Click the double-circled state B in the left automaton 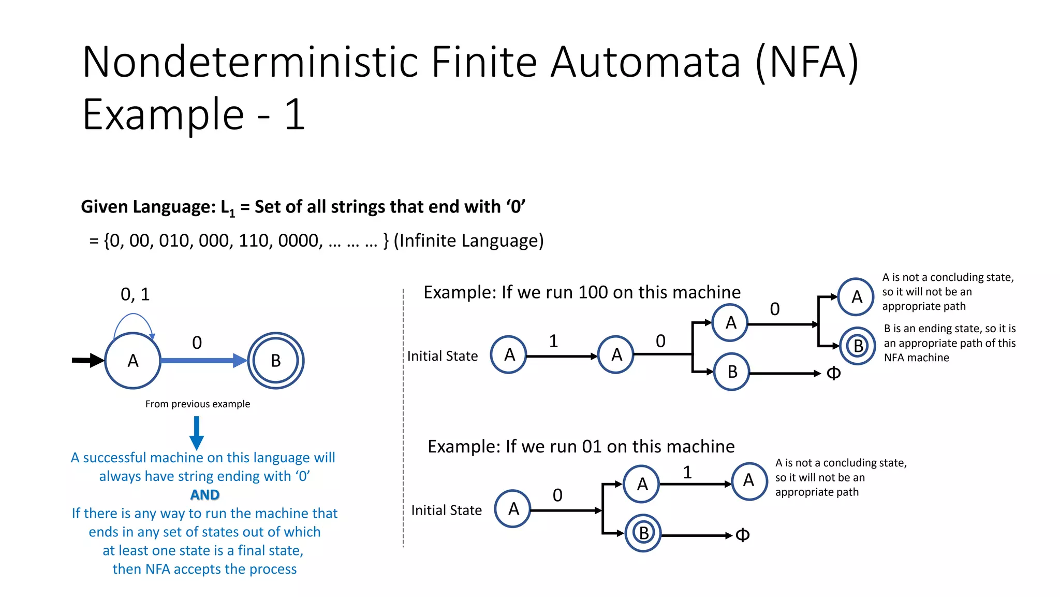tap(275, 361)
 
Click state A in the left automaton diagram tap(133, 361)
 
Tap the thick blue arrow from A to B tap(202, 360)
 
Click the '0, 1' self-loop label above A tap(135, 294)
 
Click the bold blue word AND tap(205, 495)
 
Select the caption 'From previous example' tap(197, 404)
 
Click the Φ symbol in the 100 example tap(833, 373)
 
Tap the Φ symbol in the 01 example tap(742, 535)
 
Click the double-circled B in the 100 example tap(858, 346)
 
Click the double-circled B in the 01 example tap(643, 533)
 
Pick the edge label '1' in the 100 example tap(553, 341)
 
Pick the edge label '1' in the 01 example tap(687, 472)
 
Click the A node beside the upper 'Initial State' tap(509, 355)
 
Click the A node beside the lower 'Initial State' tap(513, 509)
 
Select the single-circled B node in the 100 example tap(731, 372)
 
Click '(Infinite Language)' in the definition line tap(468, 240)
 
